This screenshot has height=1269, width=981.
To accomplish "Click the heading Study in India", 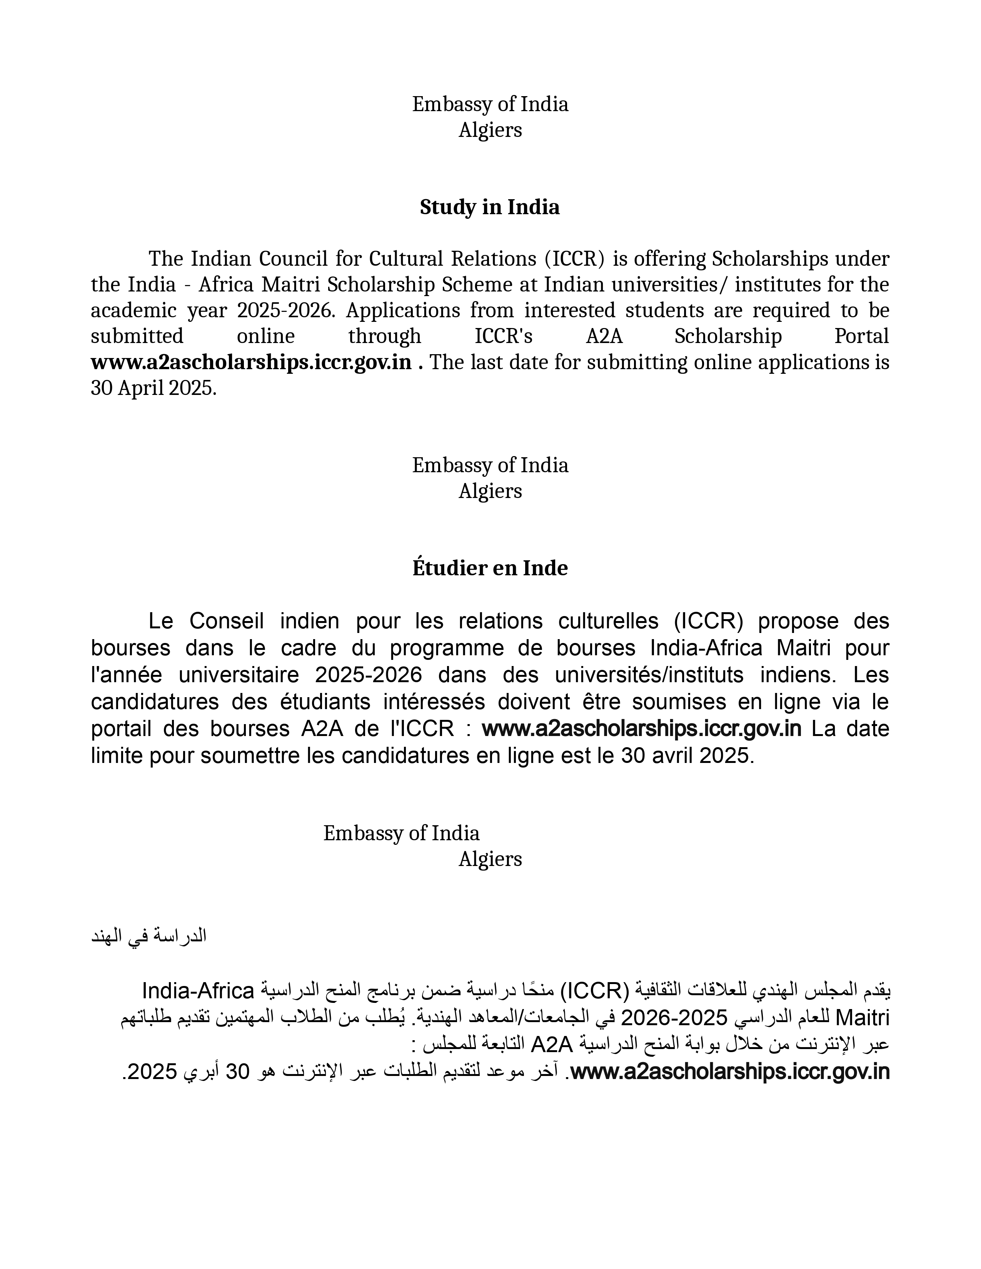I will coord(489,207).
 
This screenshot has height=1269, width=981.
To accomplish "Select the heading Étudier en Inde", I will coord(490,568).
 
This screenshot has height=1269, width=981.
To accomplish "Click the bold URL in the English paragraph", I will coord(251,362).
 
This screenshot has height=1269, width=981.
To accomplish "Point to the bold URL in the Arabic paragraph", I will coord(731,1072).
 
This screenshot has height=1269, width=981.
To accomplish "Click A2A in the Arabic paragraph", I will coord(552,1045).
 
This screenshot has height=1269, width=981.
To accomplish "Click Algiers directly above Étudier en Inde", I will coord(490,491).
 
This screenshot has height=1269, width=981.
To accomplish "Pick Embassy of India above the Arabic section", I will coord(401,833).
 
